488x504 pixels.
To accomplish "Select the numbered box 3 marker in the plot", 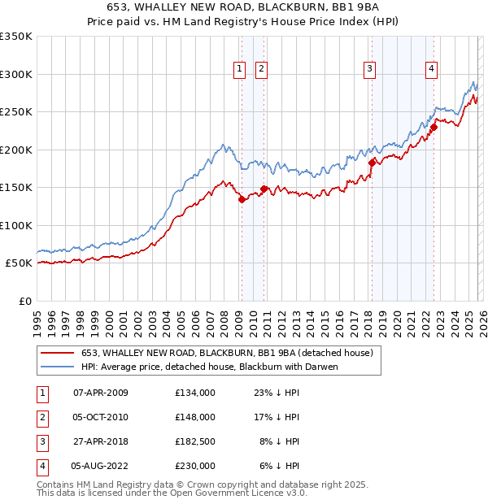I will pos(369,70).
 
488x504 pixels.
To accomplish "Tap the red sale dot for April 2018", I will pos(372,163).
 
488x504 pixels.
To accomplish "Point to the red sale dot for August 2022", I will pos(434,127).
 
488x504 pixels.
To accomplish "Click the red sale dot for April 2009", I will pos(242,199).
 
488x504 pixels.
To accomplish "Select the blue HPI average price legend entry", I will pos(209,367).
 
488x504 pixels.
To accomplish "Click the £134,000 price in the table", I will pos(195,393).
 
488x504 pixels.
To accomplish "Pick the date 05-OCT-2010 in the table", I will pos(100,417).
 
